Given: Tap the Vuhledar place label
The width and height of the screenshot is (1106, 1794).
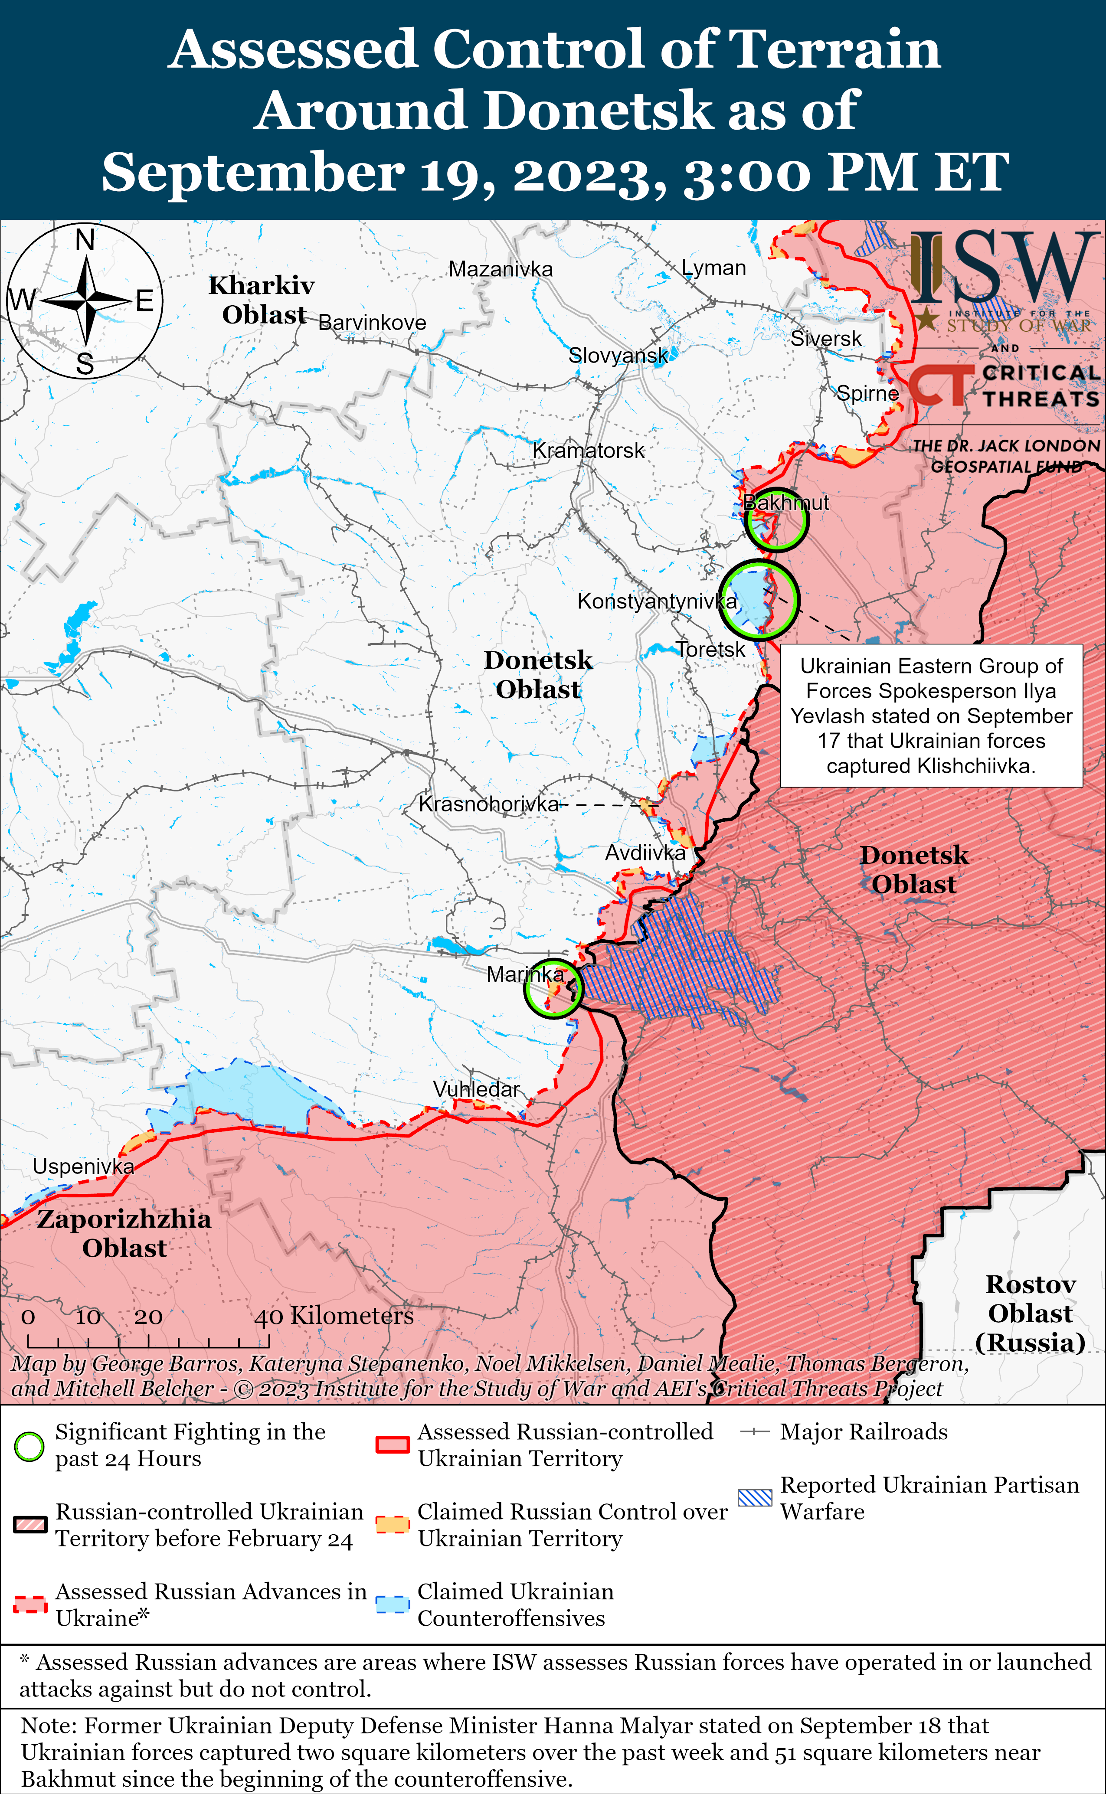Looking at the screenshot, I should [x=476, y=1089].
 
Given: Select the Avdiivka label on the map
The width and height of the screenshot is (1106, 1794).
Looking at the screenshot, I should [x=645, y=853].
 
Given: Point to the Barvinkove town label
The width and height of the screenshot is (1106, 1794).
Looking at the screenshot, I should [x=372, y=323].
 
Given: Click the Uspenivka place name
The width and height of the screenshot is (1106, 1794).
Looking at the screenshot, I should [x=83, y=1167].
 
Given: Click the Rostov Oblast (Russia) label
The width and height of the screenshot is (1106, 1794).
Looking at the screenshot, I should [x=1030, y=1314].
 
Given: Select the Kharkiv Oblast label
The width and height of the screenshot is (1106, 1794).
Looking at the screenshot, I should [x=262, y=300].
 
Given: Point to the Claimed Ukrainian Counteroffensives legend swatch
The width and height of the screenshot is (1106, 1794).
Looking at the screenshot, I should [x=392, y=1604].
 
